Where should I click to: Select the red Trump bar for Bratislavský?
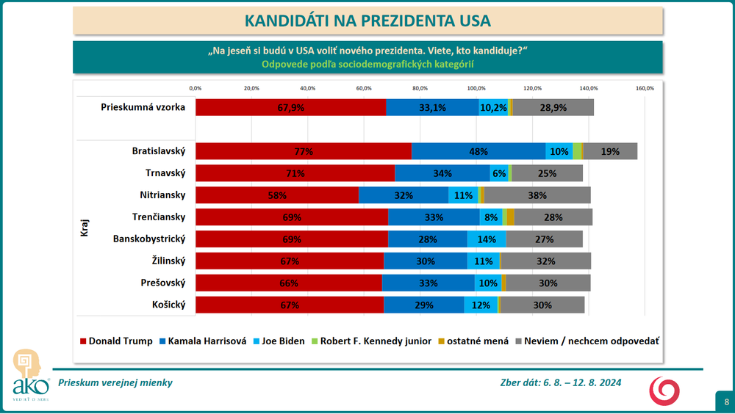coord(304,151)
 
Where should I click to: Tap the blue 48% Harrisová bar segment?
coord(478,151)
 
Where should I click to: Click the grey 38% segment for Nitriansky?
coord(537,195)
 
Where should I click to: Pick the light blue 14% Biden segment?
coord(487,239)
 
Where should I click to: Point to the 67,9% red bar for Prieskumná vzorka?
coord(291,107)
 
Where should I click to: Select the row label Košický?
coord(168,304)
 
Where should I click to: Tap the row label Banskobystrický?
coord(149,239)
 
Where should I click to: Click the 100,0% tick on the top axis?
coord(476,88)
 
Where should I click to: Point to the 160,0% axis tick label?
coord(645,88)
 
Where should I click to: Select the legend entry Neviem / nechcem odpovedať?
coord(587,341)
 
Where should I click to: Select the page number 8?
coord(725,402)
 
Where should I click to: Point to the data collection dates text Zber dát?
coord(560,382)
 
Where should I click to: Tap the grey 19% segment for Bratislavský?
coord(609,151)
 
